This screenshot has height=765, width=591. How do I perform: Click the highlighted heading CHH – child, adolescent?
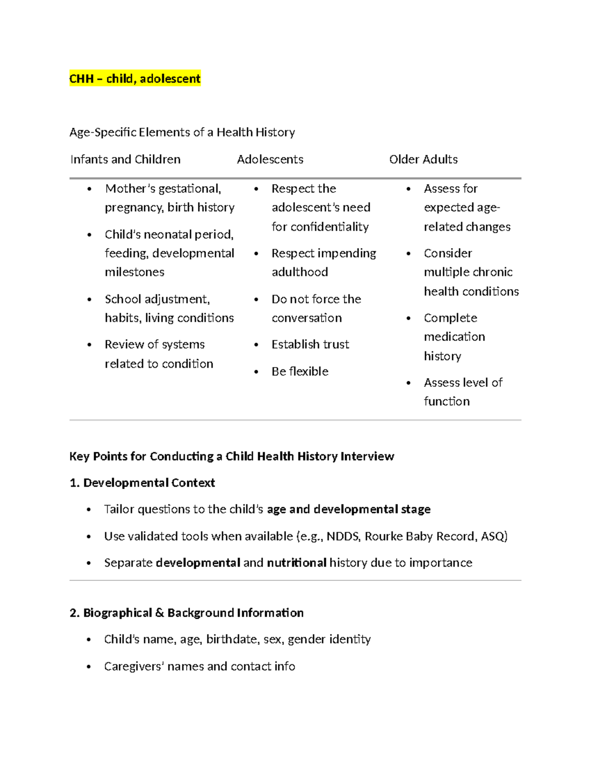pyautogui.click(x=135, y=79)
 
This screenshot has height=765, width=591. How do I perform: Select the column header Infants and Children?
pyautogui.click(x=126, y=160)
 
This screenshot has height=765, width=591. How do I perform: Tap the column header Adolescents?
pyautogui.click(x=270, y=160)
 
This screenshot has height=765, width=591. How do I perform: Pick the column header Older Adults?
pyautogui.click(x=423, y=160)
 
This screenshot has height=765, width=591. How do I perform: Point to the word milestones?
pyautogui.click(x=134, y=272)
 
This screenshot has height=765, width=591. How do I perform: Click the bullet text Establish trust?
pyautogui.click(x=310, y=344)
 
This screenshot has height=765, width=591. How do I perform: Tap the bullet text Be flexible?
pyautogui.click(x=300, y=371)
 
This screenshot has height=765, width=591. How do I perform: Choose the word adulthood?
pyautogui.click(x=299, y=272)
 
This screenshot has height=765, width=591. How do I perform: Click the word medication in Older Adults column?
pyautogui.click(x=454, y=337)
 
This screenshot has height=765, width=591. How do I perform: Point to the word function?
pyautogui.click(x=447, y=401)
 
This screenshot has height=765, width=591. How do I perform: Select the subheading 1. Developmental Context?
pyautogui.click(x=142, y=483)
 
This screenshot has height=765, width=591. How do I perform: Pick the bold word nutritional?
pyautogui.click(x=296, y=563)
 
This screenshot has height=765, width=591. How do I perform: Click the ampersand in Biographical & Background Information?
pyautogui.click(x=160, y=613)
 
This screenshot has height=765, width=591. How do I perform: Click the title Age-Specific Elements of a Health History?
pyautogui.click(x=182, y=133)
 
